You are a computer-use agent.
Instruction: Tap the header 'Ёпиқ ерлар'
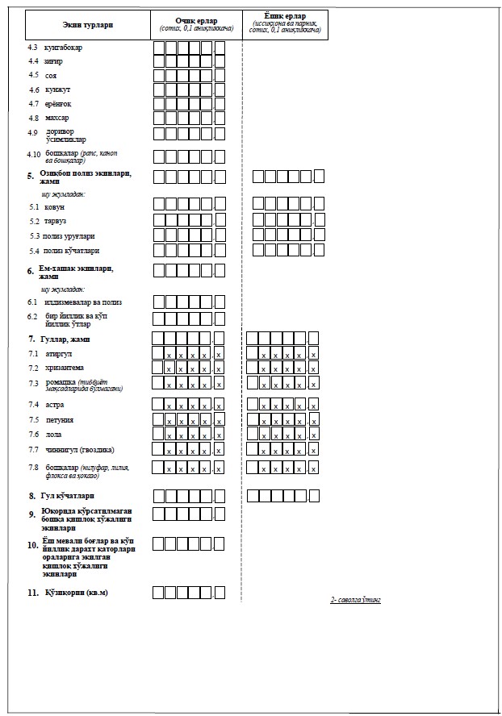(284, 16)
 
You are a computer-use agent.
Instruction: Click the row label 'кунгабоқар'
(64, 47)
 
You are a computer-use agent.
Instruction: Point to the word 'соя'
(50, 75)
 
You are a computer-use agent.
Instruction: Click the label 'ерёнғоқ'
(59, 103)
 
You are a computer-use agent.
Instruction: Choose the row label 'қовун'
(55, 207)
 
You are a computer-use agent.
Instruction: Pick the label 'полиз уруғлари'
(69, 236)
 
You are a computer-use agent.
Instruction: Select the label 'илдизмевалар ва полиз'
(83, 302)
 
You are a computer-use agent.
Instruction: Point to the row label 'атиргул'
(59, 354)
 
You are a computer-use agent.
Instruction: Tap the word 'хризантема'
(65, 368)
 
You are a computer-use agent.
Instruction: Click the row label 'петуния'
(61, 420)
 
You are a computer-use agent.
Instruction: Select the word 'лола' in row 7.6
(53, 434)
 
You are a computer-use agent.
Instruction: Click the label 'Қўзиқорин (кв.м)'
(76, 593)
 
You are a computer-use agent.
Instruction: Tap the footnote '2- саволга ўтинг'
(354, 600)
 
